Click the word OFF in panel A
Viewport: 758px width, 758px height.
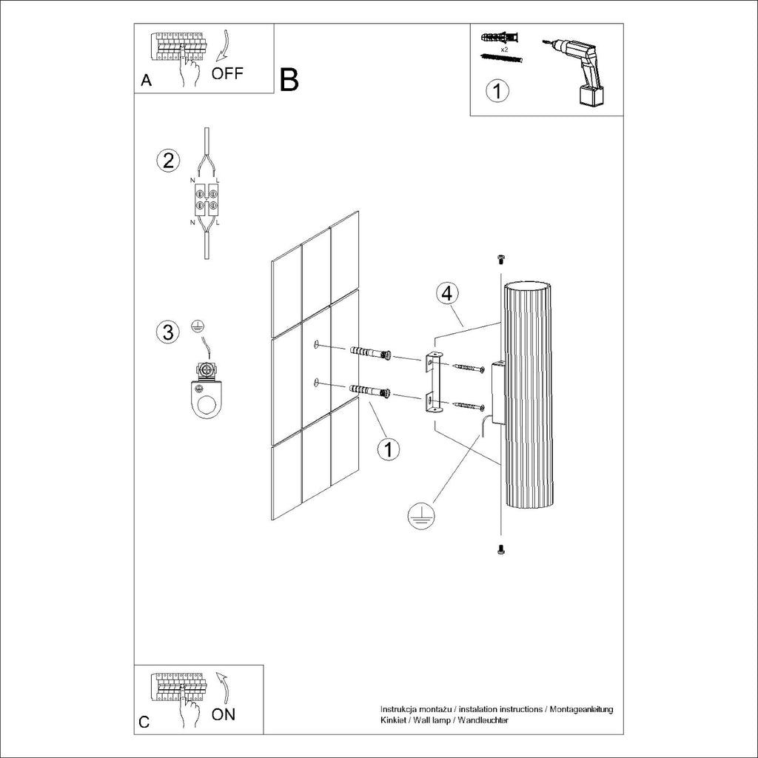(x=227, y=73)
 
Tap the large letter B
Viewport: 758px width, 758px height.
(x=289, y=80)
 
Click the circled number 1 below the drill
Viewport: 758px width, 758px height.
(x=497, y=91)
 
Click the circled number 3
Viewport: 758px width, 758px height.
(x=169, y=332)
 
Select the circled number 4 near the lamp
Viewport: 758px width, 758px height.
(x=446, y=293)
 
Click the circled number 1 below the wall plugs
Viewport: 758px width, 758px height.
(x=388, y=449)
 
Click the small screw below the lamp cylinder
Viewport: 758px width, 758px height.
(x=500, y=549)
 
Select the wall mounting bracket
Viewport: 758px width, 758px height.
(x=432, y=382)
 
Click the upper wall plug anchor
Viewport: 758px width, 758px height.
(x=369, y=352)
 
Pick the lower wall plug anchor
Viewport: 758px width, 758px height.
(x=369, y=392)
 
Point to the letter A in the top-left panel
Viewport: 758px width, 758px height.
(x=146, y=81)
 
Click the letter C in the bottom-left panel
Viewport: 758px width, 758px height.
(x=144, y=722)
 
